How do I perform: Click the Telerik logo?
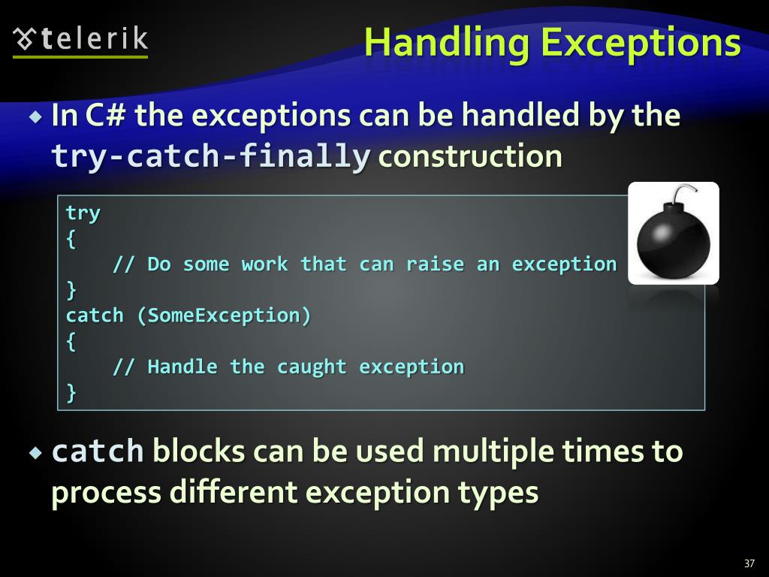[81, 39]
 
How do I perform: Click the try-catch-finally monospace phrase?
[210, 157]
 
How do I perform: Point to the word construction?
[470, 157]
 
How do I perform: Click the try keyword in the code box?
[83, 213]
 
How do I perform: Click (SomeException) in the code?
[224, 316]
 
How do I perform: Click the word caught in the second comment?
[312, 367]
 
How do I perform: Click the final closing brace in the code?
[71, 392]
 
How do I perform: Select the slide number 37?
[749, 563]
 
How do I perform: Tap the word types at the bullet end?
[505, 493]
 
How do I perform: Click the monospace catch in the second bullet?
[97, 452]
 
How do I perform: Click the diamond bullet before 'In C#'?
[36, 117]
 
